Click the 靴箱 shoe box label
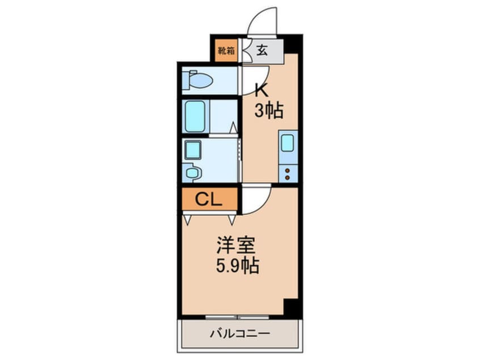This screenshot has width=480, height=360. [226, 51]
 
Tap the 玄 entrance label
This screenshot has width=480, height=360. [262, 50]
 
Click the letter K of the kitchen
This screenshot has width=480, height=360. [262, 90]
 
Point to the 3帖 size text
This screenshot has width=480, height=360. [269, 110]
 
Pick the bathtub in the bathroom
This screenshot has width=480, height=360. [195, 116]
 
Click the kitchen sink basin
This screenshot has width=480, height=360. [288, 143]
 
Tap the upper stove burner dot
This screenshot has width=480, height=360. [288, 170]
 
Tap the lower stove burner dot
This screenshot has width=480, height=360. [288, 177]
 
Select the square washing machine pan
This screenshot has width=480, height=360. [192, 150]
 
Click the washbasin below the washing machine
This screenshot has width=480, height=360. [192, 173]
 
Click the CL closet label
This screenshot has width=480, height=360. [208, 200]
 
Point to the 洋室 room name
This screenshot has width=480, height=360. [236, 245]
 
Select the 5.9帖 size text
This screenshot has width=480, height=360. [238, 265]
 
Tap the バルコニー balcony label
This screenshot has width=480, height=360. [239, 333]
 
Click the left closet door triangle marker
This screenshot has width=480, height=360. [187, 220]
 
